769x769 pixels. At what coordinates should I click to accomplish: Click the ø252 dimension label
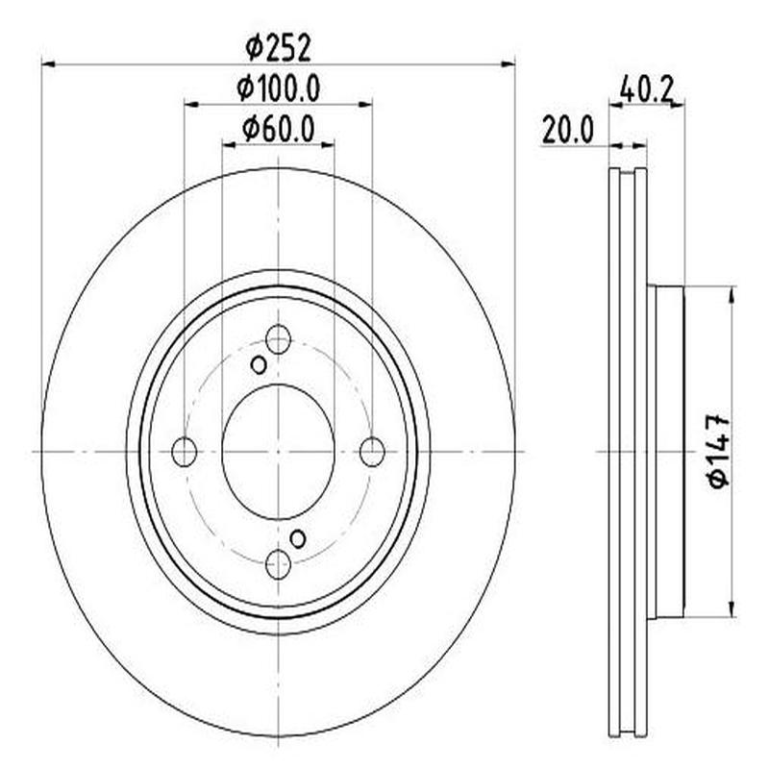pyautogui.click(x=279, y=46)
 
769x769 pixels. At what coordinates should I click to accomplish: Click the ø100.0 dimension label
pyautogui.click(x=279, y=88)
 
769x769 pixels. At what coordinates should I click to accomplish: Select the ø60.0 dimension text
pyautogui.click(x=279, y=128)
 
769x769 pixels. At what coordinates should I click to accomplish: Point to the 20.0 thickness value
pyautogui.click(x=567, y=129)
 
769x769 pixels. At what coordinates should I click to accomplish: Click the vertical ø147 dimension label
pyautogui.click(x=719, y=452)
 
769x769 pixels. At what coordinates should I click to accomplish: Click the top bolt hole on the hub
pyautogui.click(x=278, y=338)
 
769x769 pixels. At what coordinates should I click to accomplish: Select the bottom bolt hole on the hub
pyautogui.click(x=278, y=564)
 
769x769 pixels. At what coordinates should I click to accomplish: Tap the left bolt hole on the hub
pyautogui.click(x=184, y=451)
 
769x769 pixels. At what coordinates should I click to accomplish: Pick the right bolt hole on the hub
pyautogui.click(x=372, y=451)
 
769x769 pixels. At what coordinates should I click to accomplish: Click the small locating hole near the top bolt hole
pyautogui.click(x=259, y=364)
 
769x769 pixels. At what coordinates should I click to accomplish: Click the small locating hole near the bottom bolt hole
pyautogui.click(x=298, y=538)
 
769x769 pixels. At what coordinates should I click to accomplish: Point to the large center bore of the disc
pyautogui.click(x=278, y=451)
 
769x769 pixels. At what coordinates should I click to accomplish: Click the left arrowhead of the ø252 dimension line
pyautogui.click(x=48, y=64)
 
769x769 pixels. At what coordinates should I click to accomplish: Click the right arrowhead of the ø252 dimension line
pyautogui.click(x=509, y=64)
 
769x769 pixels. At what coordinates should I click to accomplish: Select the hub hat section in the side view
pyautogui.click(x=666, y=452)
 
